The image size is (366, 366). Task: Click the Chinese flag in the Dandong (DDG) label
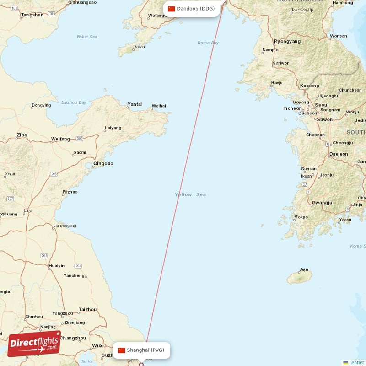click(172, 9)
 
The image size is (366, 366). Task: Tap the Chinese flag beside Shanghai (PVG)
click(122, 350)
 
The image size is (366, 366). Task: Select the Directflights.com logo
click(34, 344)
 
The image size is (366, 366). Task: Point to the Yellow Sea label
click(190, 194)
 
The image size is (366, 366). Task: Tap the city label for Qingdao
click(103, 163)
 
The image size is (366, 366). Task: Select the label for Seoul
click(322, 105)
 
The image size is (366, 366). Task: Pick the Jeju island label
click(304, 269)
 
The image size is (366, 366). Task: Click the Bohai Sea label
click(87, 37)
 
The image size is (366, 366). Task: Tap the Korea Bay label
click(208, 43)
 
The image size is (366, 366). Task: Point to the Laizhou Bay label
click(74, 102)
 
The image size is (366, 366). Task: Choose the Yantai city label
click(135, 104)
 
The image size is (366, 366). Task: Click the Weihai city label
click(159, 106)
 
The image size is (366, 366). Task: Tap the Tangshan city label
click(32, 15)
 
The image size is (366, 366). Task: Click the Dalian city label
click(139, 46)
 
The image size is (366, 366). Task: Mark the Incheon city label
click(292, 108)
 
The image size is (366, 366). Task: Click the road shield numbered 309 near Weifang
click(80, 138)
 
